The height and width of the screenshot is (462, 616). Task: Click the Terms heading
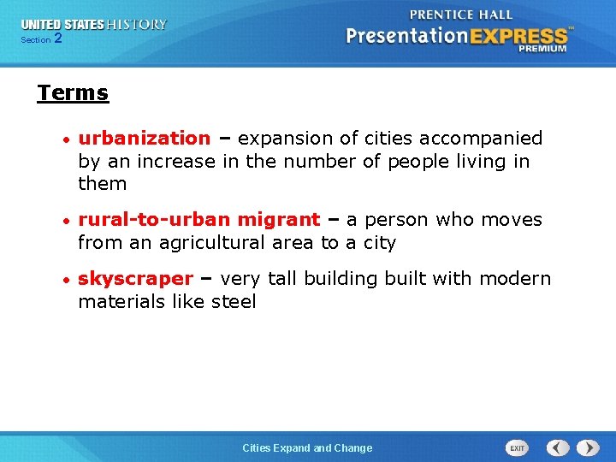(73, 93)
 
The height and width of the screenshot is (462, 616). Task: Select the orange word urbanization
(144, 139)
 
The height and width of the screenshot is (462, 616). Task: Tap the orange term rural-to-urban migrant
(198, 220)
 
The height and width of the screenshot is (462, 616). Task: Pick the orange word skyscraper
(135, 279)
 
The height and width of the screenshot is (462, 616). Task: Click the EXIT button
(517, 447)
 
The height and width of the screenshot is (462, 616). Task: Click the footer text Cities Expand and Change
(307, 447)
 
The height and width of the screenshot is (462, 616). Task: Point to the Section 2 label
(41, 39)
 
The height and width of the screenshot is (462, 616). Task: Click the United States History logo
(94, 25)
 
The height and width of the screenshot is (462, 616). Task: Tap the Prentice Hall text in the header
(461, 15)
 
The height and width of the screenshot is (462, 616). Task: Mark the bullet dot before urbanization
(65, 139)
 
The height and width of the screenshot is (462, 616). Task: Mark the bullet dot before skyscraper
(65, 280)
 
